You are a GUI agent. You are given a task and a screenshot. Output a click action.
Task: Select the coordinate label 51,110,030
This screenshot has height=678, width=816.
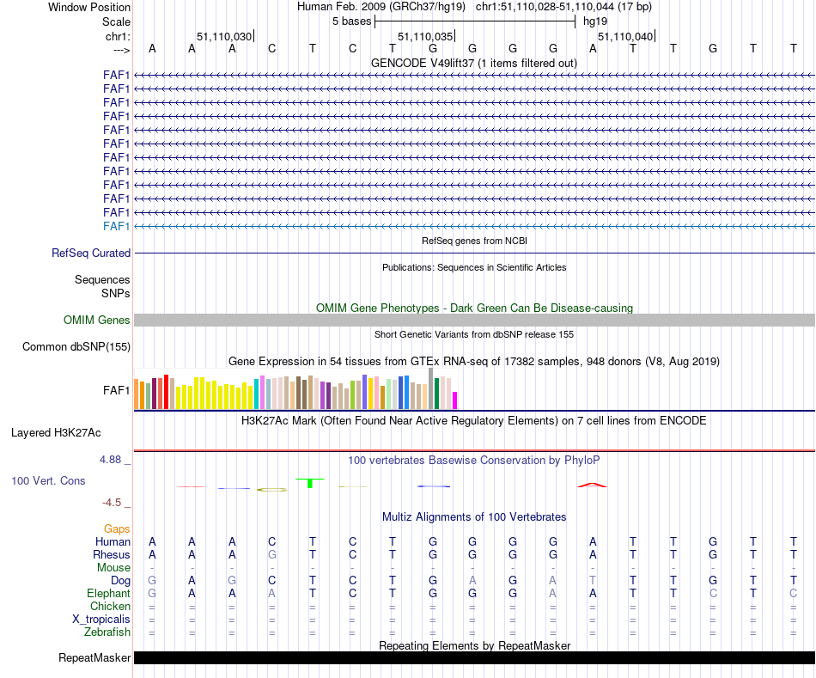click(224, 37)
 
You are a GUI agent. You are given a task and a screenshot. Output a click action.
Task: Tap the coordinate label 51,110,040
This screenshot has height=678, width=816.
click(625, 37)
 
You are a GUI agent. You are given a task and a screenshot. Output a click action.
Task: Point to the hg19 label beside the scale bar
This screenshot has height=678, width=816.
click(595, 21)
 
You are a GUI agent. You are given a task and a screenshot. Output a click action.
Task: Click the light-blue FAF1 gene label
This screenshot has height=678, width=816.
click(117, 226)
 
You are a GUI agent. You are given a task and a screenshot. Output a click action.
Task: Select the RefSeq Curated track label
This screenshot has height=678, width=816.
click(91, 253)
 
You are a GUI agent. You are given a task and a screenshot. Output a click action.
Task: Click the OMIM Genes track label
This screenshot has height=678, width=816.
click(97, 321)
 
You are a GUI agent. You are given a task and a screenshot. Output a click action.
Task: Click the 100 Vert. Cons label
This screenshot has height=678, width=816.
click(48, 481)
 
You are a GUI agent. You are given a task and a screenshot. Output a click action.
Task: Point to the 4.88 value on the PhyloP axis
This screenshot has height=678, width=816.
click(113, 460)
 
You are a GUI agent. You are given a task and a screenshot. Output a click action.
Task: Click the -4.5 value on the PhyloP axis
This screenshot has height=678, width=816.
click(113, 503)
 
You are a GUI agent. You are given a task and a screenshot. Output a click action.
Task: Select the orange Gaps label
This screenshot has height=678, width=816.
click(117, 528)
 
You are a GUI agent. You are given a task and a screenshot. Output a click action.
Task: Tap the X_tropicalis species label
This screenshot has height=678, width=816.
click(101, 620)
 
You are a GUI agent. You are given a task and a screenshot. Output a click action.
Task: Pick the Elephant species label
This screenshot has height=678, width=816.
click(108, 594)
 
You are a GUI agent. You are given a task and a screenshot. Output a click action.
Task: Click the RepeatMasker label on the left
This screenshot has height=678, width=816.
click(94, 658)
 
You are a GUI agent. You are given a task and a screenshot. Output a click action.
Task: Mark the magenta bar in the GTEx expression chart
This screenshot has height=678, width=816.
click(455, 400)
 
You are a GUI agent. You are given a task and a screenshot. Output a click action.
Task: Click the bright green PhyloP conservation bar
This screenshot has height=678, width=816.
click(309, 484)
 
